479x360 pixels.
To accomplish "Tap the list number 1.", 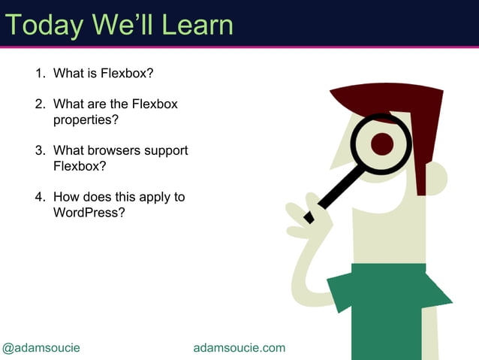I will tap(39, 74).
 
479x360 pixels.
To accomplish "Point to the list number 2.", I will tap(39, 104).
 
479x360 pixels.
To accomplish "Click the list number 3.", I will tap(39, 150).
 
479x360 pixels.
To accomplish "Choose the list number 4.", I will tap(39, 197).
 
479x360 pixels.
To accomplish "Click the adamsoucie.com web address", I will tap(239, 347).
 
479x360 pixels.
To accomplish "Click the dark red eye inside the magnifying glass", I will tap(382, 144).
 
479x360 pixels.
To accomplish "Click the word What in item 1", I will tap(68, 74).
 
